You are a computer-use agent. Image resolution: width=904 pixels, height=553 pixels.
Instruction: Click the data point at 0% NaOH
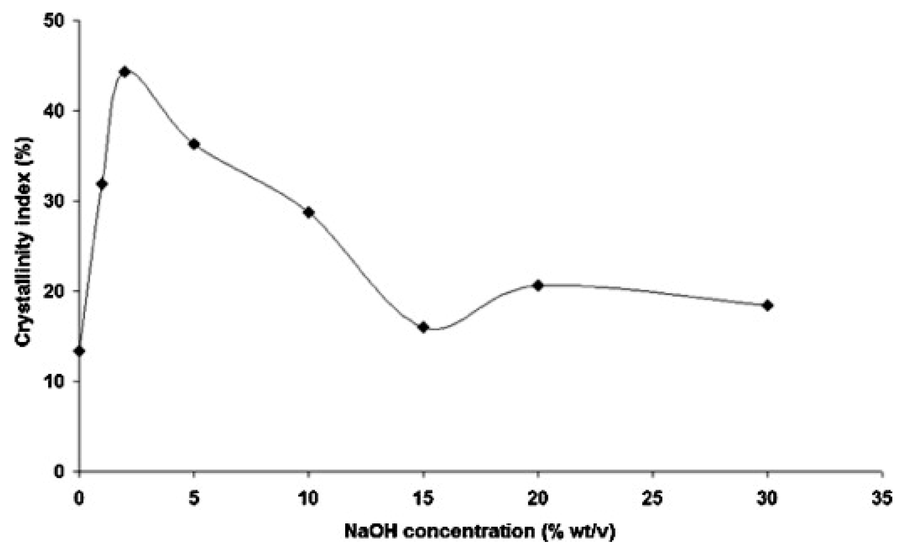click(79, 351)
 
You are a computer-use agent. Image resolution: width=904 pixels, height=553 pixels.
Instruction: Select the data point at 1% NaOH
click(102, 184)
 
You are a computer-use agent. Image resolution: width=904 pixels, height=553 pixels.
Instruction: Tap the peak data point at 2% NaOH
click(125, 71)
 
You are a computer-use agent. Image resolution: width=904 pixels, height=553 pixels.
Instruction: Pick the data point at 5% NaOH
click(194, 144)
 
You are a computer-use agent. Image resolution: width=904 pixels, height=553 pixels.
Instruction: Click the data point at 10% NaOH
click(309, 213)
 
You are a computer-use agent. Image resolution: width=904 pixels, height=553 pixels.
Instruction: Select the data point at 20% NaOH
click(538, 285)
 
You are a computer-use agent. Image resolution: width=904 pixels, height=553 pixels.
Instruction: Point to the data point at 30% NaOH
click(767, 306)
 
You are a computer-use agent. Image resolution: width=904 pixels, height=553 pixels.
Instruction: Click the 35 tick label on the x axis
click(882, 499)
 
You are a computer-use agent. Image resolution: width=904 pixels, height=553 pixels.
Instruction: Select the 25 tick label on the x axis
click(653, 499)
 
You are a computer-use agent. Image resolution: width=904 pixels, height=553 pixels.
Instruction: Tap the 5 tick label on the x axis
click(194, 499)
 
